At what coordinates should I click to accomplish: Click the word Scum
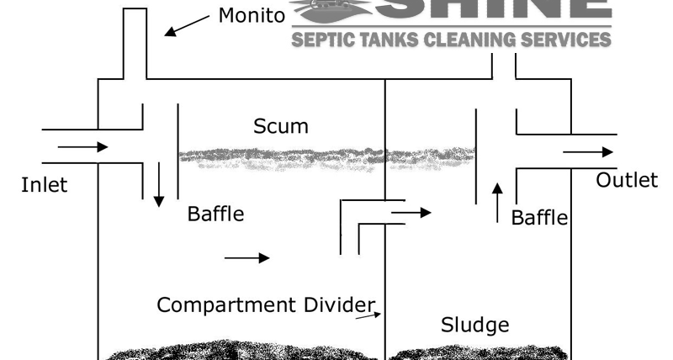(x=280, y=126)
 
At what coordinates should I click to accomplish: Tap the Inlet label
(x=44, y=185)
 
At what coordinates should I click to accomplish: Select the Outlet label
(x=627, y=180)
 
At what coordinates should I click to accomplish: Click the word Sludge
(x=474, y=325)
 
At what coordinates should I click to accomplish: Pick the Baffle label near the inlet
(x=215, y=214)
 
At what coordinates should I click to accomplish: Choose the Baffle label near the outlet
(x=539, y=219)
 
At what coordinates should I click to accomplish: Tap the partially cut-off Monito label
(x=252, y=15)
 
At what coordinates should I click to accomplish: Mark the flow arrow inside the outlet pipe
(x=588, y=152)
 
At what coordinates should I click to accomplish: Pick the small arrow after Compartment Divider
(x=367, y=315)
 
